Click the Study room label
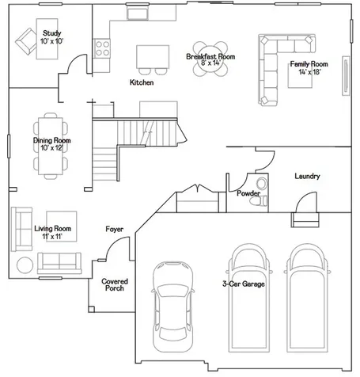[52, 33]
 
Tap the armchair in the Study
[26, 41]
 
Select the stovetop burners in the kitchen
[102, 48]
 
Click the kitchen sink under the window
[137, 13]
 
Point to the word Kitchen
[142, 82]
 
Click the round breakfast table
[210, 59]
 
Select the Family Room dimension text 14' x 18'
[309, 72]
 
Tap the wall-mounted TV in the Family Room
[346, 75]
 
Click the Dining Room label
[52, 140]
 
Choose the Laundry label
[307, 176]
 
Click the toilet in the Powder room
[259, 201]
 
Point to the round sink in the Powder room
[262, 183]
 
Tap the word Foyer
[114, 229]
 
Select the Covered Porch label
[115, 285]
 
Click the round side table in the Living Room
[25, 265]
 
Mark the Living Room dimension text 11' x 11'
[52, 237]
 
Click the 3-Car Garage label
[244, 284]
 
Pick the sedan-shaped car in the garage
[173, 307]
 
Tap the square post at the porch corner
[92, 309]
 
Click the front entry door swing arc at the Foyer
[114, 242]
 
